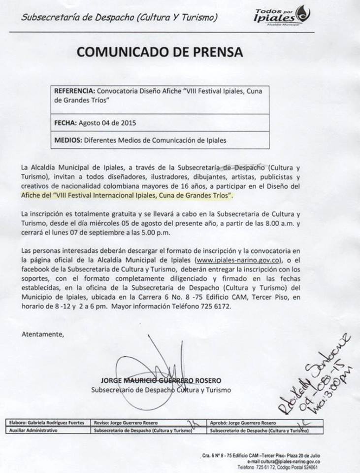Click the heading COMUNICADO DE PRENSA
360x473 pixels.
coord(160,53)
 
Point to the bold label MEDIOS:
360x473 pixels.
coord(68,140)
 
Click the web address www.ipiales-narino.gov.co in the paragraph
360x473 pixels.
coord(239,259)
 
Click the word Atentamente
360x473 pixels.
coord(43,334)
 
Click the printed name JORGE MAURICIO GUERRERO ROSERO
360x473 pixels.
coord(161,380)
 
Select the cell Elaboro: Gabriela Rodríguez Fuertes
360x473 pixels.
coord(47,423)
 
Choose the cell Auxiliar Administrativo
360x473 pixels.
coord(33,430)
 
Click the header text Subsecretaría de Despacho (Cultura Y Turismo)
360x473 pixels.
coord(120,18)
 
